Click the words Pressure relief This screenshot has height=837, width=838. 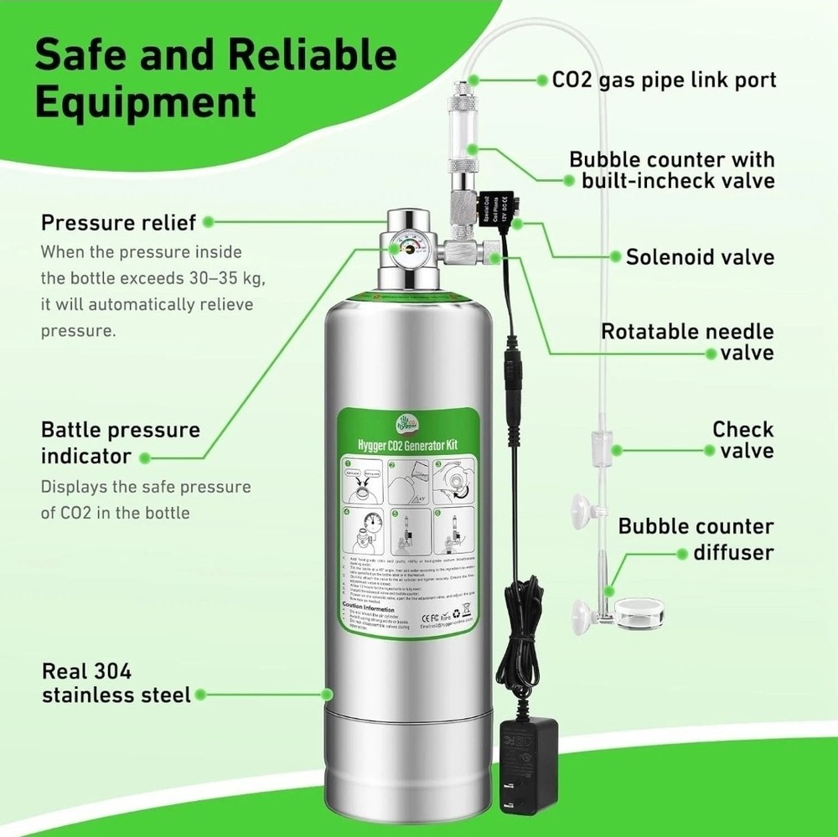[118, 223]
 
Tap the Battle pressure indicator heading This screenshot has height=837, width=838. [121, 443]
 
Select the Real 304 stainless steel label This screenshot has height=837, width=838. [116, 683]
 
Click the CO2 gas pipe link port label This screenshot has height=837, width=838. [664, 80]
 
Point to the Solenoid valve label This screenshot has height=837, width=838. [700, 256]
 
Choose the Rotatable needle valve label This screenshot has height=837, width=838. [687, 342]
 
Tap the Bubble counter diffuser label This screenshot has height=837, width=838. [696, 540]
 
